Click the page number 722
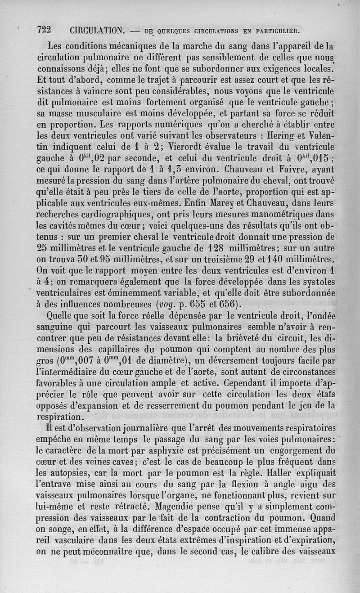[x=44, y=30]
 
